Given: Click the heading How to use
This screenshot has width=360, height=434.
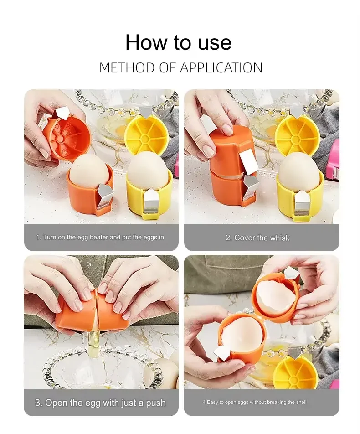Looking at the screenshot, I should tap(178, 42).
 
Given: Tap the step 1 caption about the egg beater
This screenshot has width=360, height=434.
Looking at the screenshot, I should tap(100, 238).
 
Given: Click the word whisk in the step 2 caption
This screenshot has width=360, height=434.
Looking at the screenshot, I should tap(279, 238).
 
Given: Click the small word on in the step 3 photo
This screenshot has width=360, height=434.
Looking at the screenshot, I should tap(90, 264).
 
